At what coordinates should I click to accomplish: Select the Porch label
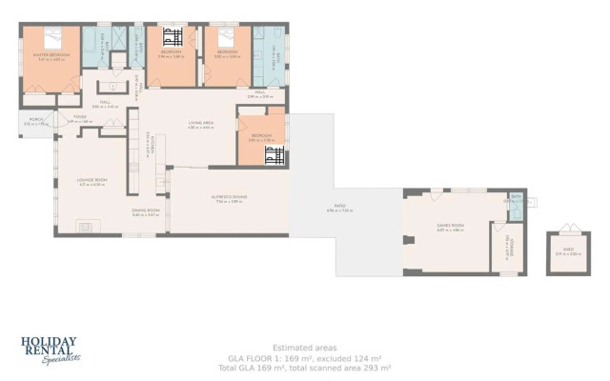[x=35, y=121]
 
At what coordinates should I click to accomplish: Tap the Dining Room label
[x=145, y=212]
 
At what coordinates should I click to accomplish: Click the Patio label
[x=340, y=206]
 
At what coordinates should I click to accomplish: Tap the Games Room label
[x=449, y=227]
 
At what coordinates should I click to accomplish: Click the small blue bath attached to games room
[x=516, y=201]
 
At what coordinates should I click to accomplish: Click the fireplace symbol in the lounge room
[x=86, y=227]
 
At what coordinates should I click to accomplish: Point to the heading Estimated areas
[x=304, y=348]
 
